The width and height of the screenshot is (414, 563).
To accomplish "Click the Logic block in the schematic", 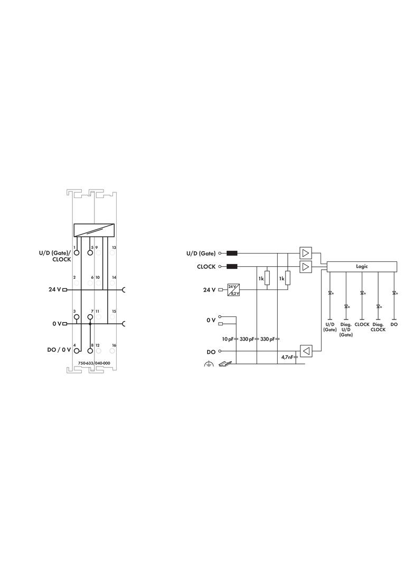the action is tap(362, 266).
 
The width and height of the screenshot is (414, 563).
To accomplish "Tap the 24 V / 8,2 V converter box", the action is tap(233, 290).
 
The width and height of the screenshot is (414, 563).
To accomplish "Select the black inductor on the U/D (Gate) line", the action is tap(232, 253).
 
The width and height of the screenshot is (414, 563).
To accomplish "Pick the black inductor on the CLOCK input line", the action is tap(232, 266).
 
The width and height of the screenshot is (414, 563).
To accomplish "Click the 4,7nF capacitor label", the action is tap(287, 357).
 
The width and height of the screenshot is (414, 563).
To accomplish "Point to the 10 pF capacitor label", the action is tap(228, 339).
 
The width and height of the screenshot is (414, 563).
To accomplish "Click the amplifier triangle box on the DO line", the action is tap(306, 351).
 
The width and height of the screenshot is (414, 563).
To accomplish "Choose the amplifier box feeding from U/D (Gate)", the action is tap(306, 253).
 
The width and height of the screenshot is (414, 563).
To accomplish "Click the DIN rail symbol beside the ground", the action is tap(225, 363).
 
